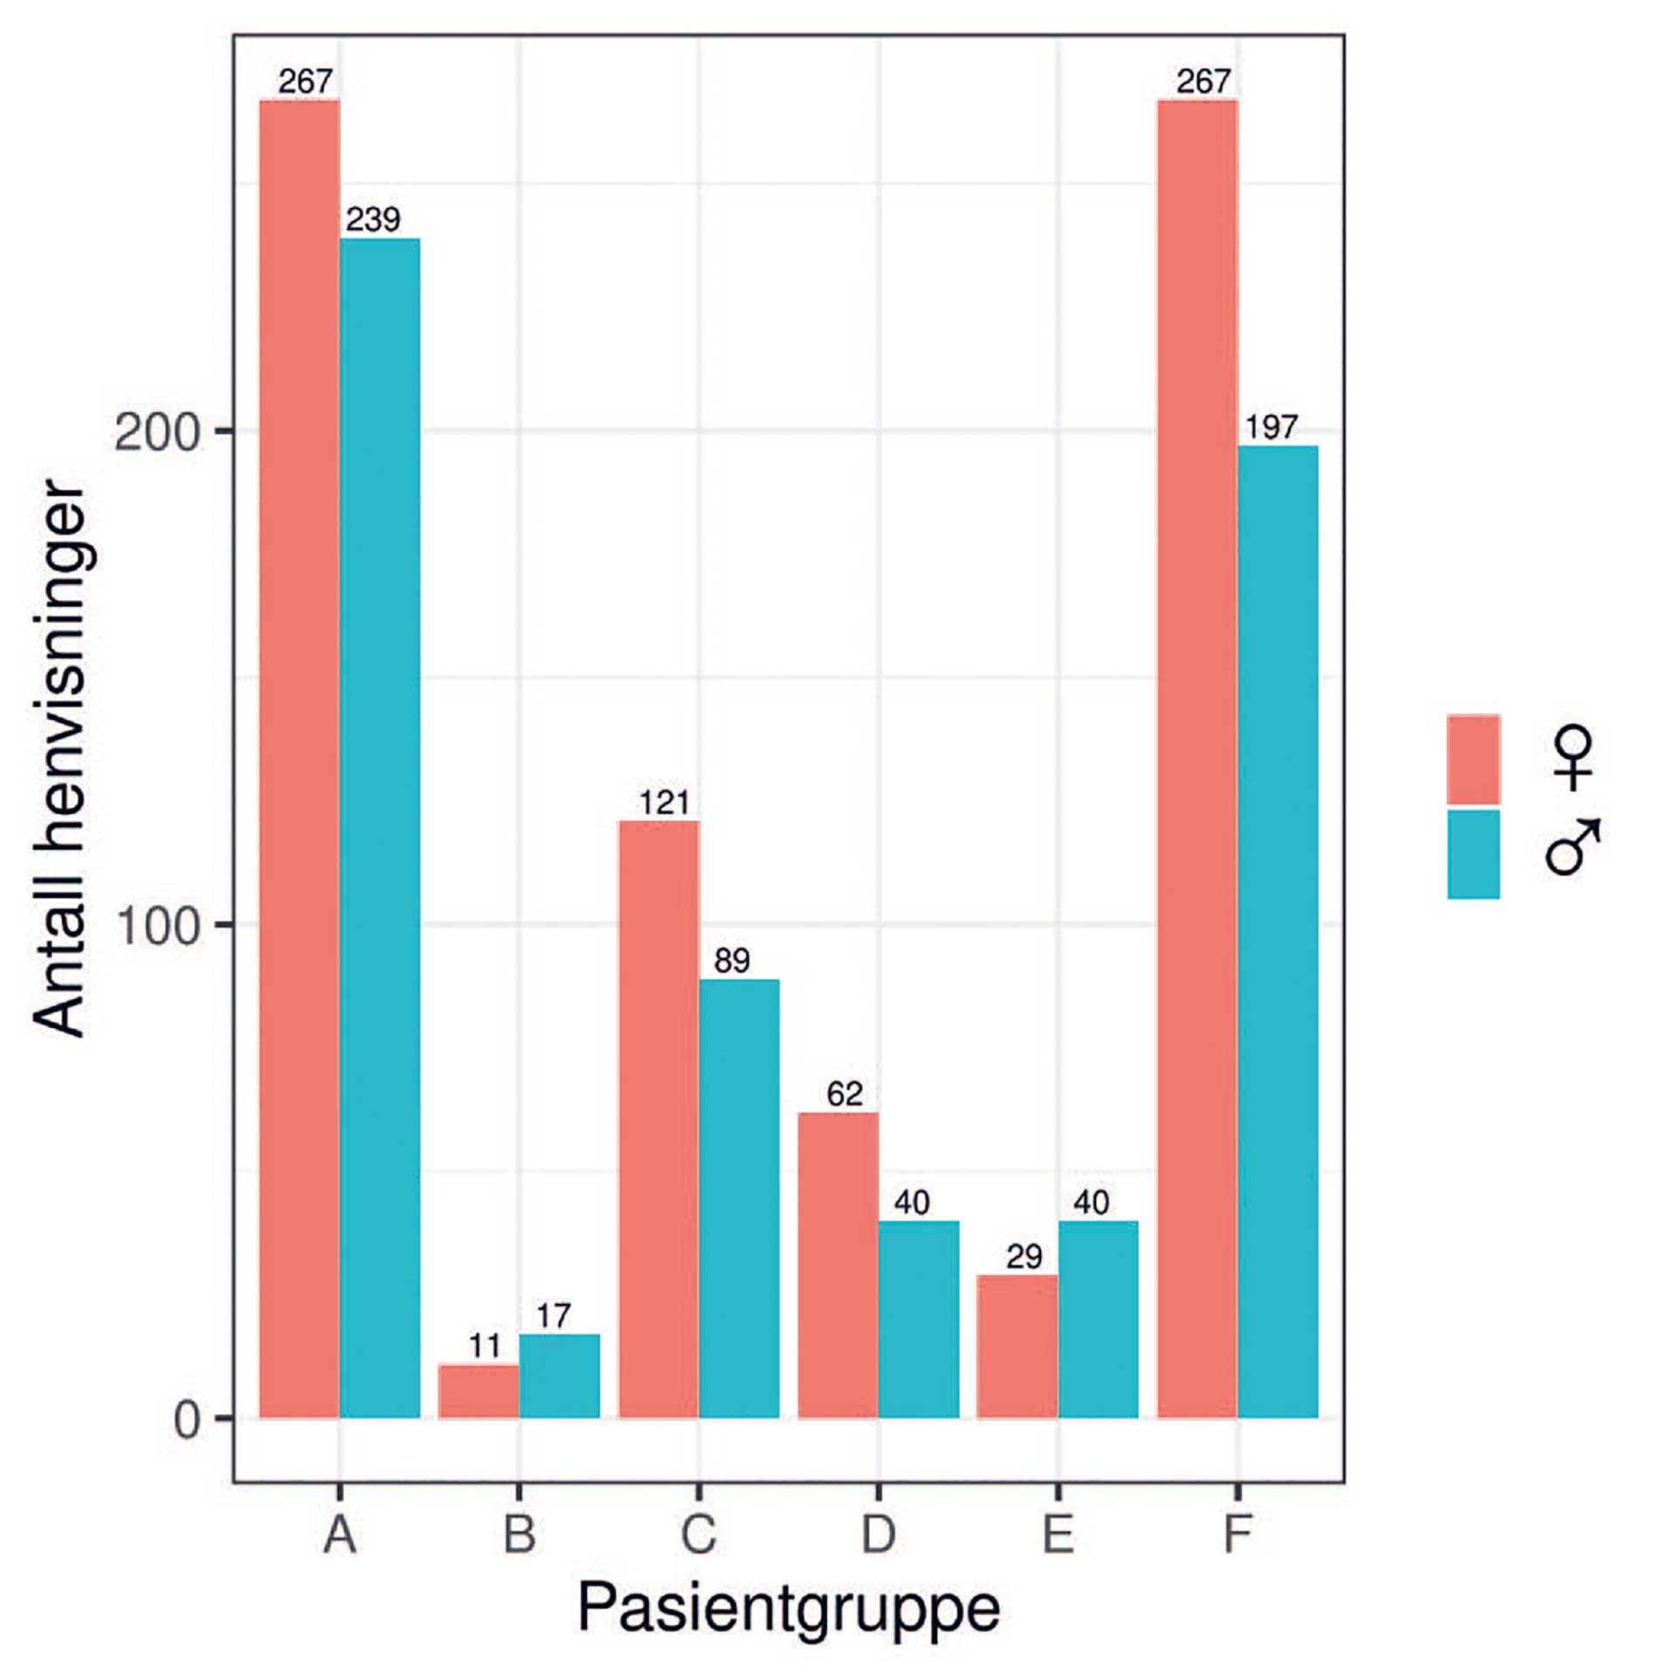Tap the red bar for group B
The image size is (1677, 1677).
pos(479,1391)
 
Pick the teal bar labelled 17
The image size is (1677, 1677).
pos(559,1376)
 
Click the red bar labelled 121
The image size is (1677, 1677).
pos(659,1119)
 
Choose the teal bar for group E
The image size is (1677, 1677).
pos(1098,1319)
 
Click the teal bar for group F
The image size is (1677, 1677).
pos(1278,931)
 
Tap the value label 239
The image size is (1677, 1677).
pos(373,219)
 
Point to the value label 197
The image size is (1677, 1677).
pos(1271,427)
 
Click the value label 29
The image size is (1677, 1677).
pos(1024,1257)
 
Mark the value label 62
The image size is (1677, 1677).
pos(845,1094)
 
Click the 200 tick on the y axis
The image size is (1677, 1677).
pos(158,431)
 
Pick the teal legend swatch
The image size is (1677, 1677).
pos(1473,854)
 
